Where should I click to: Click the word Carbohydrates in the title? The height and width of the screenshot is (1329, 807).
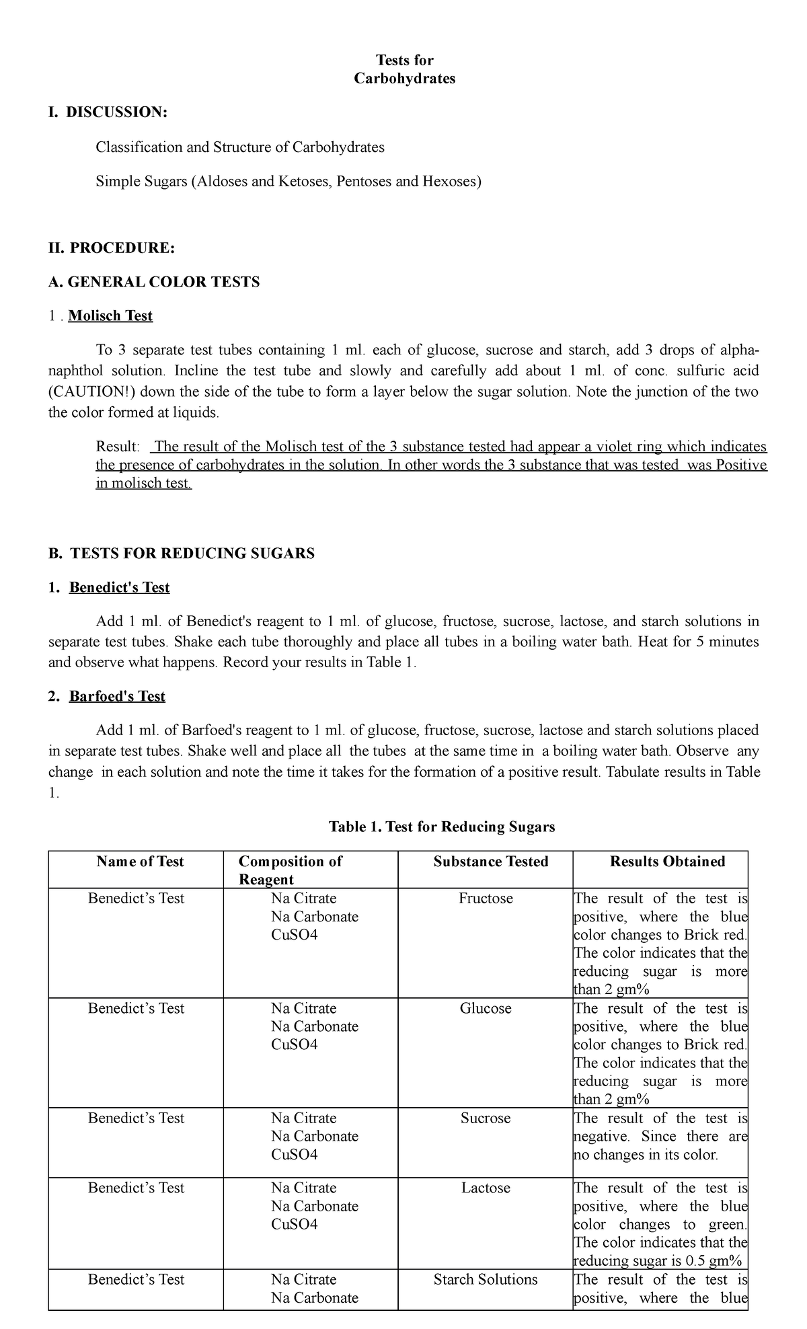(x=404, y=79)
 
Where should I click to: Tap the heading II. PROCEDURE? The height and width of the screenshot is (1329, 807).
(x=112, y=248)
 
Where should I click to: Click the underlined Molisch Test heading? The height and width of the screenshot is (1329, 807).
(x=110, y=316)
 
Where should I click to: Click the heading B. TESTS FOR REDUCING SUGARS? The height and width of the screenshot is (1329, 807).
(x=182, y=554)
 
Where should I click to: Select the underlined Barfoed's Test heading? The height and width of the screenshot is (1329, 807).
(x=117, y=697)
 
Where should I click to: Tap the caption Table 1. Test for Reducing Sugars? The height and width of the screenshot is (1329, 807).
(x=442, y=827)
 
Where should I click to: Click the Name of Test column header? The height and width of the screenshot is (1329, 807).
(x=140, y=862)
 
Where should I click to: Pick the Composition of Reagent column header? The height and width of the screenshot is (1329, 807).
(x=291, y=870)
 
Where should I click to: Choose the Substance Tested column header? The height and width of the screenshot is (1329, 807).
(x=491, y=862)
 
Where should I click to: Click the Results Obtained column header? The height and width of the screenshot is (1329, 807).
(x=667, y=862)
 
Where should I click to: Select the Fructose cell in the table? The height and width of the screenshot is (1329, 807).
(x=486, y=899)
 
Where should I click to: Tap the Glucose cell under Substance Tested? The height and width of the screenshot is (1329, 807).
(x=486, y=1008)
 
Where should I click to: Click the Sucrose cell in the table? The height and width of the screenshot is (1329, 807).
(x=486, y=1118)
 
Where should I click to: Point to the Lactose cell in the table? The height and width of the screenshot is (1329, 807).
(x=486, y=1188)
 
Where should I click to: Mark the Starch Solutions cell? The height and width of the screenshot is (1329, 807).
(x=486, y=1279)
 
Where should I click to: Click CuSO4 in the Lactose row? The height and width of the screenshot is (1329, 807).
(x=295, y=1224)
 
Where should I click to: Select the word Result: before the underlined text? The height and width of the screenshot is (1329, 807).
(x=118, y=447)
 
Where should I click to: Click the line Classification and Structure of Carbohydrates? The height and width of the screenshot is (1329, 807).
(x=240, y=147)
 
